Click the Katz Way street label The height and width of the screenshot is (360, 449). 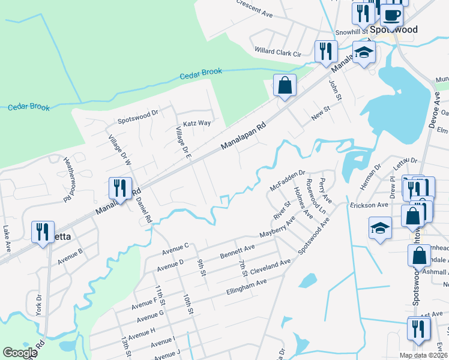pyautogui.click(x=197, y=123)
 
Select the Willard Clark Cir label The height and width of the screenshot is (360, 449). pyautogui.click(x=277, y=52)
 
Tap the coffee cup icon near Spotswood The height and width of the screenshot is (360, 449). pyautogui.click(x=391, y=14)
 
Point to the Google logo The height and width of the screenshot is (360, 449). pyautogui.click(x=20, y=353)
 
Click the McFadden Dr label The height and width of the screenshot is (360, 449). pyautogui.click(x=288, y=179)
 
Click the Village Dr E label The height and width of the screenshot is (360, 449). pyautogui.click(x=183, y=142)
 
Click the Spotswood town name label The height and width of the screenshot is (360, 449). pyautogui.click(x=393, y=29)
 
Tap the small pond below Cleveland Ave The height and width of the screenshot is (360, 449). pyautogui.click(x=307, y=280)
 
